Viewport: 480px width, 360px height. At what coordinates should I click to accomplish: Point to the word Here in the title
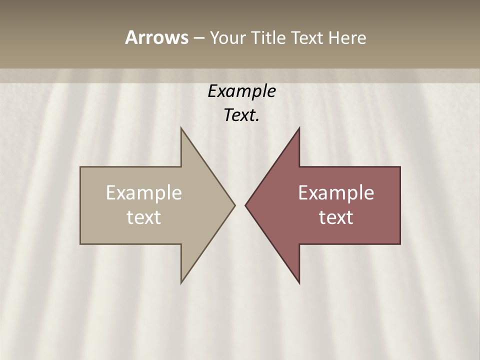347,37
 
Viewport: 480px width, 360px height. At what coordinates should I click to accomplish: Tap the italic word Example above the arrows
242,91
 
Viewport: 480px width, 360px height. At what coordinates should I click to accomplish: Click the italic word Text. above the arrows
242,115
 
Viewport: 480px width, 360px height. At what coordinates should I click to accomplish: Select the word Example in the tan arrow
144,193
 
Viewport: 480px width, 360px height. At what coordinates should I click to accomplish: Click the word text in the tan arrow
144,217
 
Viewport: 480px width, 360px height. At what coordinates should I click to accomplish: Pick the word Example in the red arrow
336,193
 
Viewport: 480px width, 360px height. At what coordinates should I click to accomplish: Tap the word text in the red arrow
336,217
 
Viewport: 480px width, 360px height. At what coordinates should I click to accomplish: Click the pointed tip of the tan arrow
234,205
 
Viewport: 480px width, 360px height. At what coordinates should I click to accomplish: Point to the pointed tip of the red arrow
245,205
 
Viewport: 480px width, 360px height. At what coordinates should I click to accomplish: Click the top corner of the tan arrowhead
181,128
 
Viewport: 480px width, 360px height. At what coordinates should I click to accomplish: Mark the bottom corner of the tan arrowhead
181,283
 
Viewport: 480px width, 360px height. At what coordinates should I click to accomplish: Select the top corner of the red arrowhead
299,128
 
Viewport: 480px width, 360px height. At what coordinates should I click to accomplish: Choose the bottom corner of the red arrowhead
299,283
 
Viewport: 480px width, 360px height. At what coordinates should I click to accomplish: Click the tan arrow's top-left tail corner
80,167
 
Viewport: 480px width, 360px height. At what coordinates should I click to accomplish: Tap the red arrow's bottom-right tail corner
400,244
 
